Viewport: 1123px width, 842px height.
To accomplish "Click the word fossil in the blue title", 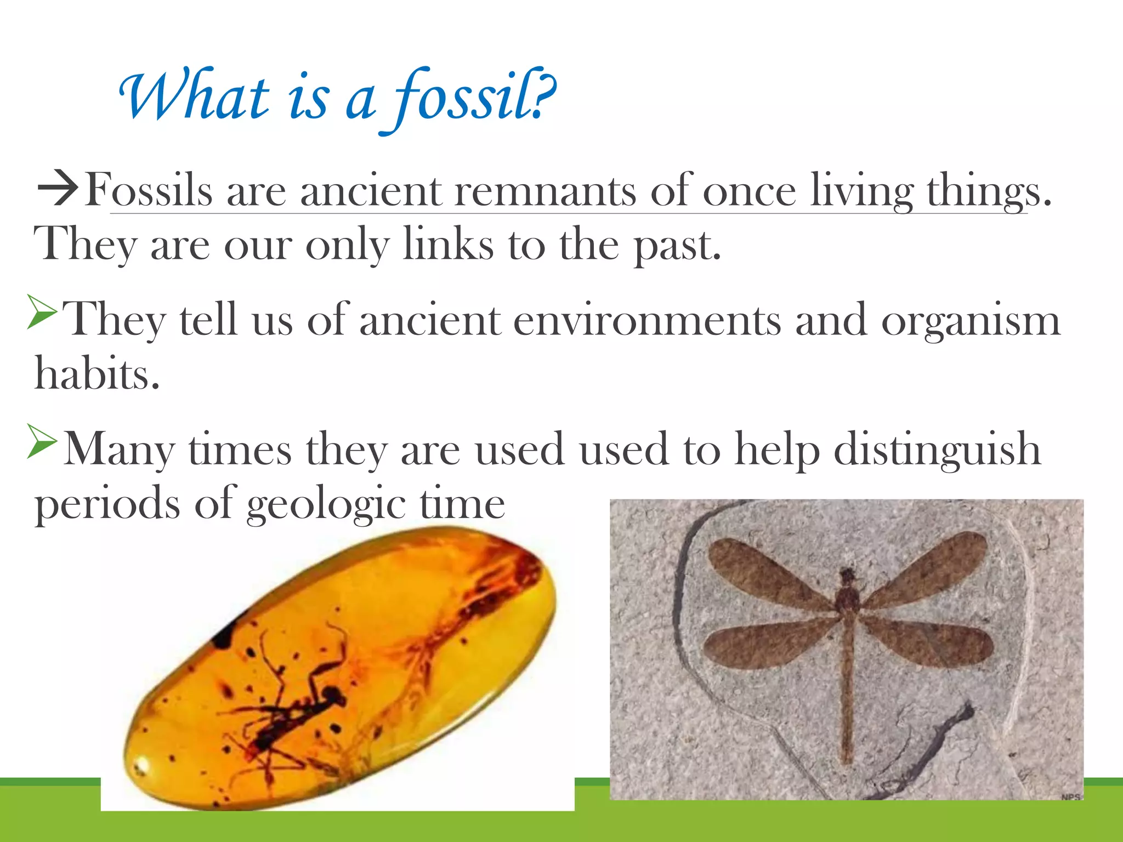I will pyautogui.click(x=466, y=99).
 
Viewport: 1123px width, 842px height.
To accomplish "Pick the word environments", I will pyautogui.click(x=647, y=321).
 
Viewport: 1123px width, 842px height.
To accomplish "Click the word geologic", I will pyautogui.click(x=326, y=504).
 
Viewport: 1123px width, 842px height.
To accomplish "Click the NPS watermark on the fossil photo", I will pyautogui.click(x=1070, y=797).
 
